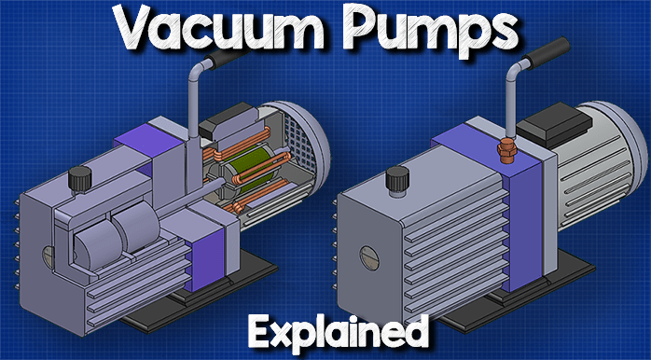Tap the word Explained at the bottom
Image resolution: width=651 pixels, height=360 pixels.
click(x=338, y=332)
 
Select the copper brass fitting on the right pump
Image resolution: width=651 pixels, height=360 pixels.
click(x=507, y=152)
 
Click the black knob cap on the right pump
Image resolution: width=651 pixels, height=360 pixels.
click(x=397, y=178)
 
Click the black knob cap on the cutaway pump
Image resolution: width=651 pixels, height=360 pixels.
click(x=79, y=177)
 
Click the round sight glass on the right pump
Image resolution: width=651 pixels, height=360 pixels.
click(x=368, y=258)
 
